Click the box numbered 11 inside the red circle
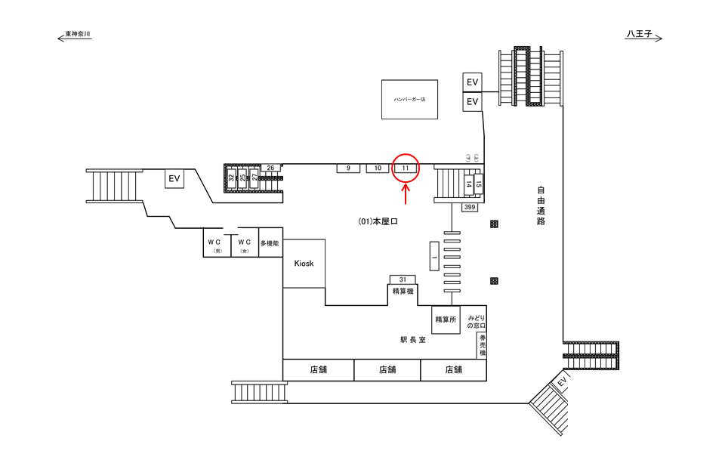pyautogui.click(x=406, y=168)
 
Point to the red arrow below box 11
pyautogui.click(x=406, y=194)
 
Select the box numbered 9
pyautogui.click(x=348, y=168)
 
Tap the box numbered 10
pyautogui.click(x=377, y=168)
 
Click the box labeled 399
pyautogui.click(x=470, y=207)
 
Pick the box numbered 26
pyautogui.click(x=270, y=168)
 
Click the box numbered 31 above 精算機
pyautogui.click(x=403, y=279)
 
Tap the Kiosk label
pyautogui.click(x=304, y=263)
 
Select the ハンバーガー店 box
pyautogui.click(x=409, y=99)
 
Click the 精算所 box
pyautogui.click(x=445, y=320)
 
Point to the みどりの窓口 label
pyautogui.click(x=476, y=320)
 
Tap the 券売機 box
pyautogui.click(x=481, y=345)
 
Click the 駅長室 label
pyautogui.click(x=413, y=340)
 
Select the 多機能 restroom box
pyautogui.click(x=270, y=243)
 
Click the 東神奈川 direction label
pyautogui.click(x=78, y=35)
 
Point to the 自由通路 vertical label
pyautogui.click(x=541, y=205)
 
